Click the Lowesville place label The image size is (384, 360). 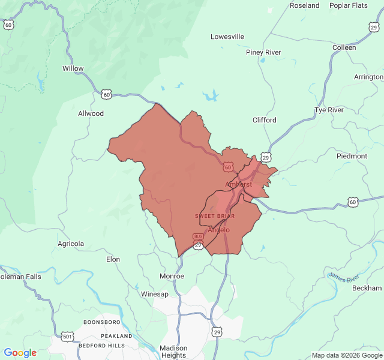click(227, 37)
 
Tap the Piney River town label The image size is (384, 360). click(263, 52)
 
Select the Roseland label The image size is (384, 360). click(305, 5)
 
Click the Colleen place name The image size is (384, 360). click(344, 47)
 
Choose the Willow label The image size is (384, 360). click(73, 68)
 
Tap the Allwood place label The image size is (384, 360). click(91, 113)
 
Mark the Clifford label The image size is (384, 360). click(264, 120)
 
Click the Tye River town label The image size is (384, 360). click(329, 110)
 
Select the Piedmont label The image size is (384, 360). click(352, 156)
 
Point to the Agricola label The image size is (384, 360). click(71, 244)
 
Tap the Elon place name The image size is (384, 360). click(113, 259)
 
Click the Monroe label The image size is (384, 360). click(172, 276)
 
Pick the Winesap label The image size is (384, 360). click(155, 294)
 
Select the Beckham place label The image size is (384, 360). click(367, 288)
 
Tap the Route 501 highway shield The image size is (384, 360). click(67, 336)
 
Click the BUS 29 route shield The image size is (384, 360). click(198, 241)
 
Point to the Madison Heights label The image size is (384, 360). click(173, 352)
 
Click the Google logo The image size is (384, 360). click(20, 353)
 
